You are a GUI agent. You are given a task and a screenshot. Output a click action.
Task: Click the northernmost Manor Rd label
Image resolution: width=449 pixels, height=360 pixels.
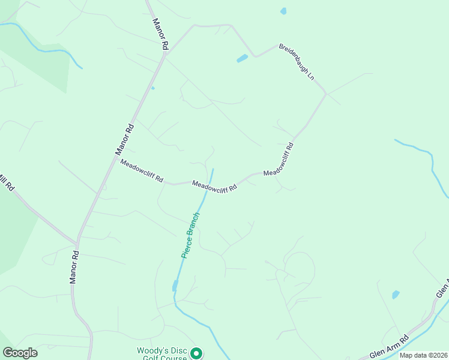click(160, 34)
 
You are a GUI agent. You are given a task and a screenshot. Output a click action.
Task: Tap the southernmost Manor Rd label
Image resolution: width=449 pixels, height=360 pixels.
click(74, 268)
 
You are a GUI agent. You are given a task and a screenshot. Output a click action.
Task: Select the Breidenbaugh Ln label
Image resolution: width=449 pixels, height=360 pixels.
click(296, 61)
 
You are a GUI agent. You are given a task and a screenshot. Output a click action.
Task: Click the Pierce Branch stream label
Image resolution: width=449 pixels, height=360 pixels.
click(190, 235)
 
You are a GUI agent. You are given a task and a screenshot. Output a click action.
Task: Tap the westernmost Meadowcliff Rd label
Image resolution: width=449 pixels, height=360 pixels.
click(142, 170)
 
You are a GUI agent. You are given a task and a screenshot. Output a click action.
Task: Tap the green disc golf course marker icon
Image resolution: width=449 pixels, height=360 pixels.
click(196, 354)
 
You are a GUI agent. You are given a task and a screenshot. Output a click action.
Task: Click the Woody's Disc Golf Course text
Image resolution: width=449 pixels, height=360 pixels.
click(162, 354)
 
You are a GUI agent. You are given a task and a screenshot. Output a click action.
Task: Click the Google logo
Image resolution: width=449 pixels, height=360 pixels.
click(20, 353)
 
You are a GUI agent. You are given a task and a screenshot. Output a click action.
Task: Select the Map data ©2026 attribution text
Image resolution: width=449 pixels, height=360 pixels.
click(424, 355)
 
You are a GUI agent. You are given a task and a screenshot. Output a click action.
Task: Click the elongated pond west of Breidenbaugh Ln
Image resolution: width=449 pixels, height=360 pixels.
click(242, 59)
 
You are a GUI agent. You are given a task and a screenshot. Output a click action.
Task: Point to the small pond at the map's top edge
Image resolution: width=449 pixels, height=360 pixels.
click(283, 11)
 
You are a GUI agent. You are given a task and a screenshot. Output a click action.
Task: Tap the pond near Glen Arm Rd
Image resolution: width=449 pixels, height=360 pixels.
click(396, 295)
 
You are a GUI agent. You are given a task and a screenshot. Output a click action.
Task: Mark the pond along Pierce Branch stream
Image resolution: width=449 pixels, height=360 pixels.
click(175, 286)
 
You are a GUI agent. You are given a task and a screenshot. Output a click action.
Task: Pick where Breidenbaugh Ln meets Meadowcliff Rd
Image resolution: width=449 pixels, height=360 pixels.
click(326, 94)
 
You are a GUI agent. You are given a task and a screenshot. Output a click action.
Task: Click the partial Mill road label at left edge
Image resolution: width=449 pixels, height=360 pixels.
click(5, 182)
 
